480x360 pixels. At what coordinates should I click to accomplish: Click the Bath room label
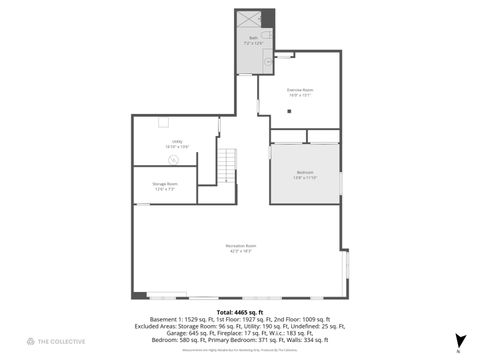253,40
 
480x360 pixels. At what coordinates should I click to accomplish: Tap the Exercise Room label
299,93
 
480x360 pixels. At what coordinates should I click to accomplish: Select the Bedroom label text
305,174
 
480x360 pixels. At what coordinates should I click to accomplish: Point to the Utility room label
176,143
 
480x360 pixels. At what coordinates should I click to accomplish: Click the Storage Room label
165,185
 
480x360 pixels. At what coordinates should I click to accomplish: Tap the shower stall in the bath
255,19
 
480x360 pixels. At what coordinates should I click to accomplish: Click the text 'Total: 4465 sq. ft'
240,312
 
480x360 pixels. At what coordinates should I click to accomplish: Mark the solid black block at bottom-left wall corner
139,295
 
